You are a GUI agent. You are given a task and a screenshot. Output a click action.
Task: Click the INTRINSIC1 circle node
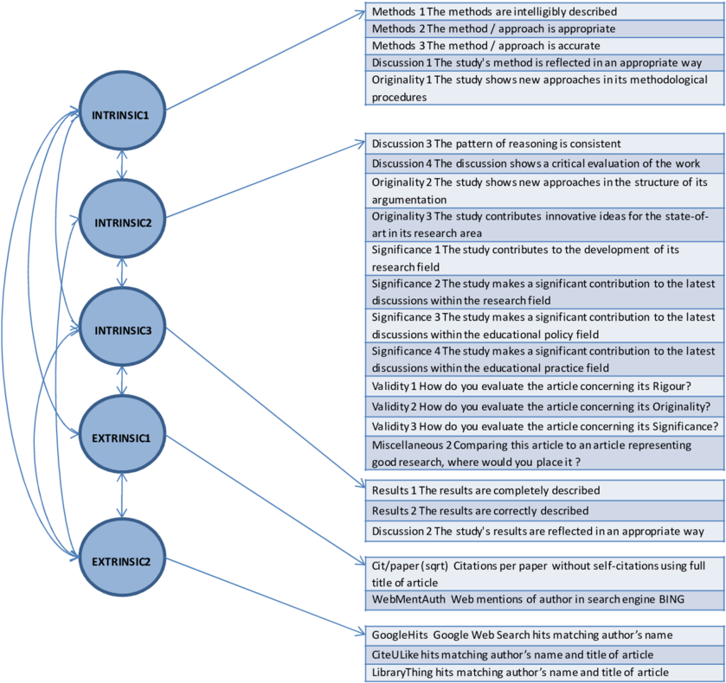pyautogui.click(x=122, y=114)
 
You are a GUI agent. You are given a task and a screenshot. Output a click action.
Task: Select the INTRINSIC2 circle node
pyautogui.click(x=122, y=222)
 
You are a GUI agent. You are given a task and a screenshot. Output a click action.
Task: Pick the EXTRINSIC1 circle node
pyautogui.click(x=122, y=437)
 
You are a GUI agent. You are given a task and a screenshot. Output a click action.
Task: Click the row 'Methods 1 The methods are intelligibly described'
pyautogui.click(x=543, y=12)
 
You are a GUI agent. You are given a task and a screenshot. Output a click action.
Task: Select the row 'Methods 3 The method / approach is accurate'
pyautogui.click(x=543, y=45)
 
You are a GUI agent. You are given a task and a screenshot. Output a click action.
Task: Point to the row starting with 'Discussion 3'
pyautogui.click(x=543, y=144)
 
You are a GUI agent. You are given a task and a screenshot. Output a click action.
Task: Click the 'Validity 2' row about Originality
pyautogui.click(x=543, y=405)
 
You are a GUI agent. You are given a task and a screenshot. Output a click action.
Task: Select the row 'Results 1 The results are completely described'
pyautogui.click(x=543, y=490)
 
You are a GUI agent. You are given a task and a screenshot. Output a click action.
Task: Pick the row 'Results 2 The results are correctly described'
pyautogui.click(x=543, y=511)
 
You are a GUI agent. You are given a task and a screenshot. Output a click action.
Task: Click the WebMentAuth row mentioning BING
pyautogui.click(x=543, y=598)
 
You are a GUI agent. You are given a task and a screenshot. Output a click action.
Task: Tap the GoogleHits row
pyautogui.click(x=543, y=635)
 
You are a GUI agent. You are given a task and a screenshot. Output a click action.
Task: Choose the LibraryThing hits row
pyautogui.click(x=543, y=672)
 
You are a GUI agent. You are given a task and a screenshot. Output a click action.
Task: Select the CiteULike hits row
pyautogui.click(x=543, y=654)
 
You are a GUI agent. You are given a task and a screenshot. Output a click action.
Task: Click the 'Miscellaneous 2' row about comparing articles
pyautogui.click(x=543, y=453)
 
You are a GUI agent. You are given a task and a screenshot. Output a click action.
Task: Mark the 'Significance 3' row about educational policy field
pyautogui.click(x=543, y=326)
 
